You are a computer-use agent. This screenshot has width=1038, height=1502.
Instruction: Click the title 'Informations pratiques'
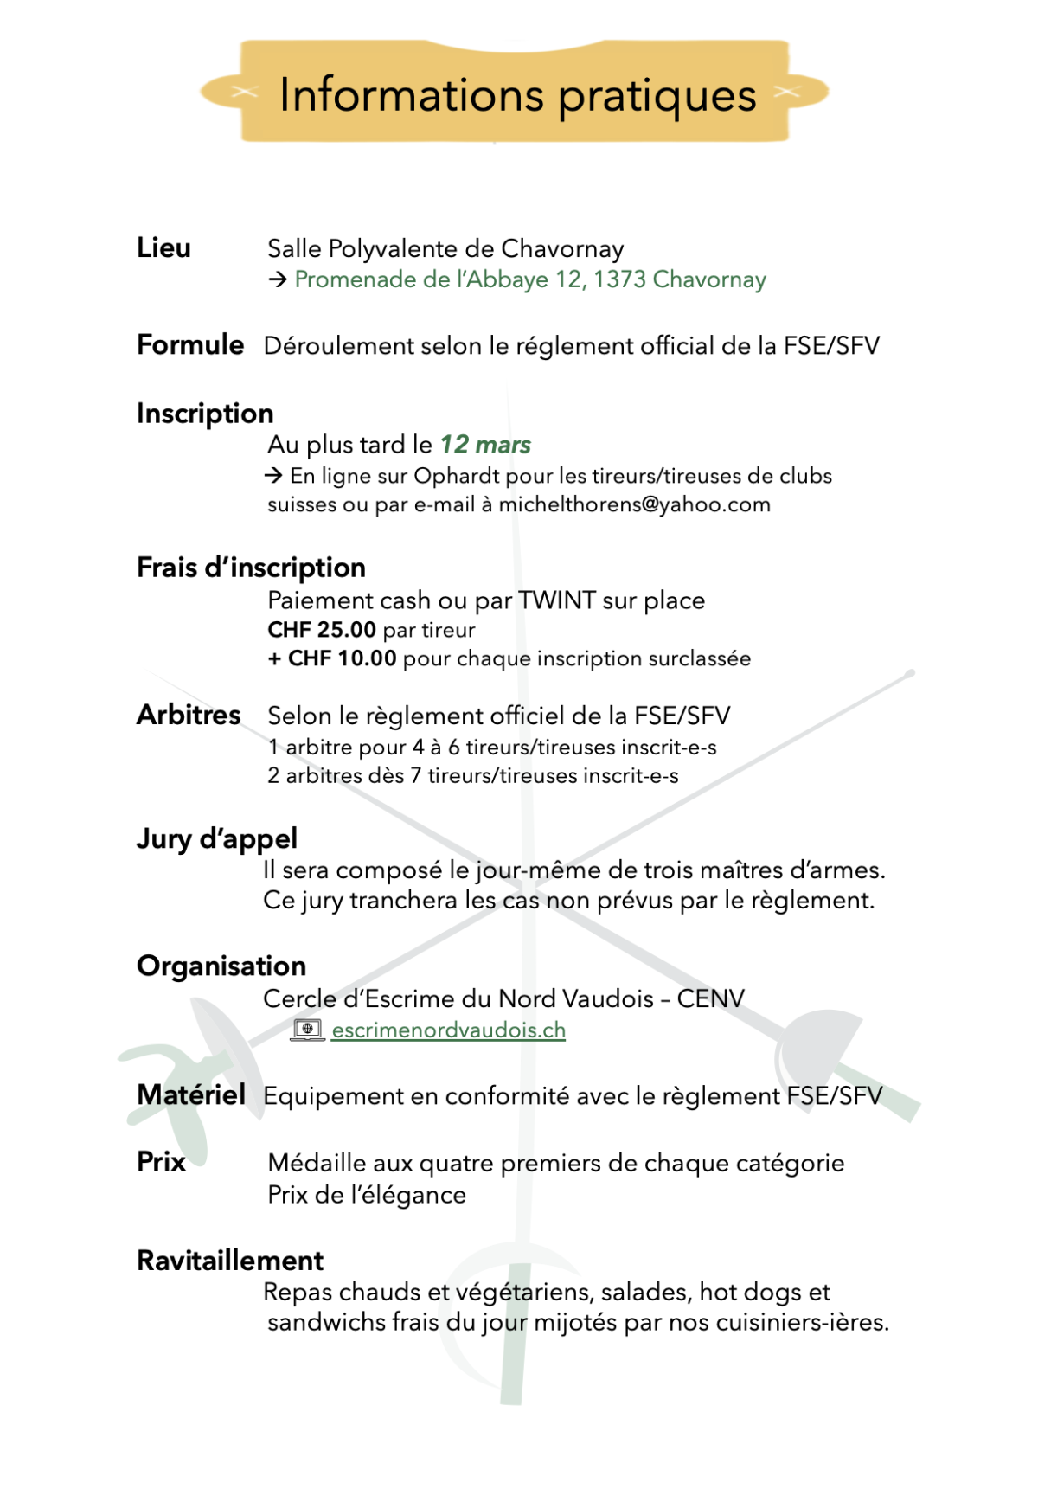click(517, 94)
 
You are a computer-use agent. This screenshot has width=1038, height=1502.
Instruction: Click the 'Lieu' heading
click(163, 248)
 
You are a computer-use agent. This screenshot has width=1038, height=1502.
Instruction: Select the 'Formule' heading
click(190, 344)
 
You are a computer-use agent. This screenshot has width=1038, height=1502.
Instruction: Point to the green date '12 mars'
click(485, 445)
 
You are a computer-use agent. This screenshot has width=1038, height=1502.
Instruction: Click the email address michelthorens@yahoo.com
click(634, 504)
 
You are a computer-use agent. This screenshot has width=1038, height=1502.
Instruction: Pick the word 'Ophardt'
click(457, 476)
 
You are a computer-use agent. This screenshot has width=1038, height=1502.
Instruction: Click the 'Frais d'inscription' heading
click(251, 568)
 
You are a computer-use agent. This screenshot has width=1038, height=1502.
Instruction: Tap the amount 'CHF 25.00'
click(322, 630)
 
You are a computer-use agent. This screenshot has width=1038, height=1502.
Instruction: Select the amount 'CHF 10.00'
click(342, 658)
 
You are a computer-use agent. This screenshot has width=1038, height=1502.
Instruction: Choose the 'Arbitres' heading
click(189, 715)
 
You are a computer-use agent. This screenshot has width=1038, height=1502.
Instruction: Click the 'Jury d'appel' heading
click(216, 838)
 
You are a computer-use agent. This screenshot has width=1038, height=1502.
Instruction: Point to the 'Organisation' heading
click(221, 966)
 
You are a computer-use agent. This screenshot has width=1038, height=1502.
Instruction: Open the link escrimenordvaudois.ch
click(448, 1030)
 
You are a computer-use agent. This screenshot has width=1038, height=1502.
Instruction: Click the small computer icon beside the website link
click(307, 1030)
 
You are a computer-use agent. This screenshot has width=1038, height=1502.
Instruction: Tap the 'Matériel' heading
click(191, 1094)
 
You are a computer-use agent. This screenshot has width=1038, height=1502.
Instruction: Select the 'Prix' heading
click(161, 1161)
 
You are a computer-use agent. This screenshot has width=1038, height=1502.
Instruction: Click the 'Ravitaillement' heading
click(230, 1261)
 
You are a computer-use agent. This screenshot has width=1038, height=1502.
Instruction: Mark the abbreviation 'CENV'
click(710, 998)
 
